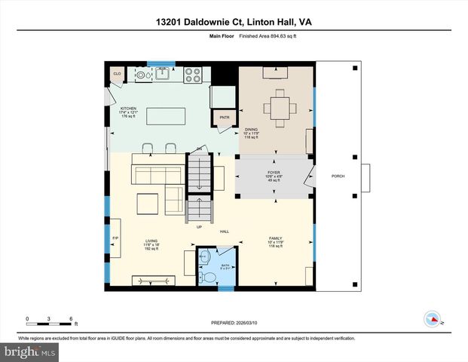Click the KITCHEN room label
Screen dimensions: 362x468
(128, 109)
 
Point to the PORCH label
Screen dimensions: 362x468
(338, 176)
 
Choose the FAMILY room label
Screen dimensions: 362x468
(275, 239)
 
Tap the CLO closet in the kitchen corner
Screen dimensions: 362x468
(117, 73)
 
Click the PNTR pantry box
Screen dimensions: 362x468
(225, 118)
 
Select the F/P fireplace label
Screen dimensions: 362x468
(115, 238)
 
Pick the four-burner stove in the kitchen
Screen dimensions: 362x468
(193, 74)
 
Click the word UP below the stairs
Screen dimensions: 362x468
(199, 226)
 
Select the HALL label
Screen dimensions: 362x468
(225, 232)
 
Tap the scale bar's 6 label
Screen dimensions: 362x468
(71, 318)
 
